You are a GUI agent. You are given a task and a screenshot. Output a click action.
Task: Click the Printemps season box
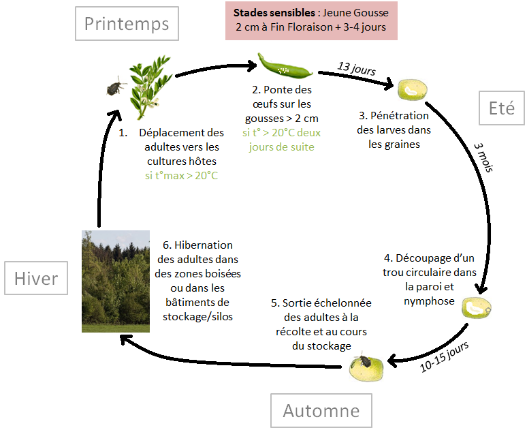tap(126, 24)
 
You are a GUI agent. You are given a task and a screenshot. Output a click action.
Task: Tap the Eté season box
tap(501, 107)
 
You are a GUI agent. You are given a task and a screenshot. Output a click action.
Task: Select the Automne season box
tap(321, 411)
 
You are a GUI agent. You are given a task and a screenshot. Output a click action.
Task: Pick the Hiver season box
tap(36, 278)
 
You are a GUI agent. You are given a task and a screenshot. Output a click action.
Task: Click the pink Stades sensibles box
tap(311, 20)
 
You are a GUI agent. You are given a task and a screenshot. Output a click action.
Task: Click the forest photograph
tap(115, 281)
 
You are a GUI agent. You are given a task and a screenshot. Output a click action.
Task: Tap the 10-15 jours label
tap(444, 356)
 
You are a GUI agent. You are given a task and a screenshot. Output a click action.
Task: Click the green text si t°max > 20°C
tap(180, 175)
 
